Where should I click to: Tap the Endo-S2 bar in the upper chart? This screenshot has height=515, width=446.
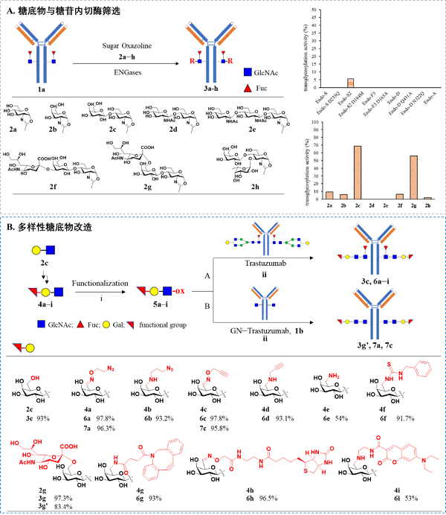tap(351, 83)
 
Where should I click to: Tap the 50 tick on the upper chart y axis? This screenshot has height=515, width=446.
tap(317, 10)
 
